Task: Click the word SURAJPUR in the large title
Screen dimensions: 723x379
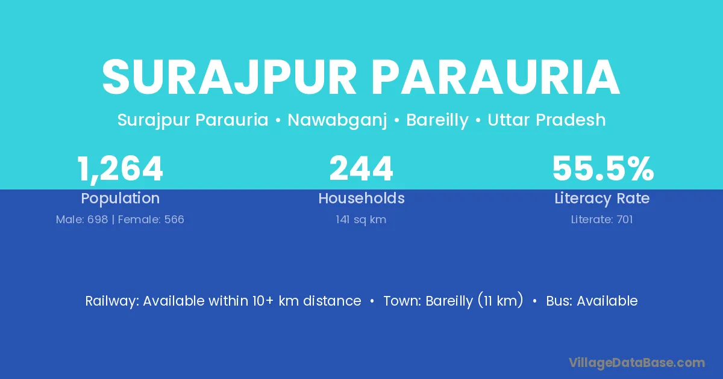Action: (x=229, y=77)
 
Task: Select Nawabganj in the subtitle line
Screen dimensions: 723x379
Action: (x=337, y=120)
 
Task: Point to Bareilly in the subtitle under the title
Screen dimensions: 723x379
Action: (x=437, y=120)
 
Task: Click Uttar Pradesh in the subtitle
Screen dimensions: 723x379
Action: (x=546, y=120)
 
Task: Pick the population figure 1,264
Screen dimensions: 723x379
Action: (x=120, y=169)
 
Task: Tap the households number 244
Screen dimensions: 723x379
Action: (x=361, y=168)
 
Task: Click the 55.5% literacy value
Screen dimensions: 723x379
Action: (x=603, y=168)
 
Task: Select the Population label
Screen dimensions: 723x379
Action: (x=120, y=199)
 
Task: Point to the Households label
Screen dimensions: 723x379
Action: (x=361, y=198)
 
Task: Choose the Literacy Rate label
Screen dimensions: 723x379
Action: (x=602, y=199)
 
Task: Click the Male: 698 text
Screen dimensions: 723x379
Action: (x=82, y=220)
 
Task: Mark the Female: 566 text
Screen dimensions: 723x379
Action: (x=151, y=220)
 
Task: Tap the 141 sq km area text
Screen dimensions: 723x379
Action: (x=361, y=220)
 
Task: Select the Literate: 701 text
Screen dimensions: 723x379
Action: (x=602, y=220)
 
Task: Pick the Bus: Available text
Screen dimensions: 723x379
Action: (x=592, y=301)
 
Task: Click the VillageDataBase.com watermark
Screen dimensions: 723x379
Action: (x=637, y=363)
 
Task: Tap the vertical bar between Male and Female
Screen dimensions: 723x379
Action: (x=113, y=220)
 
